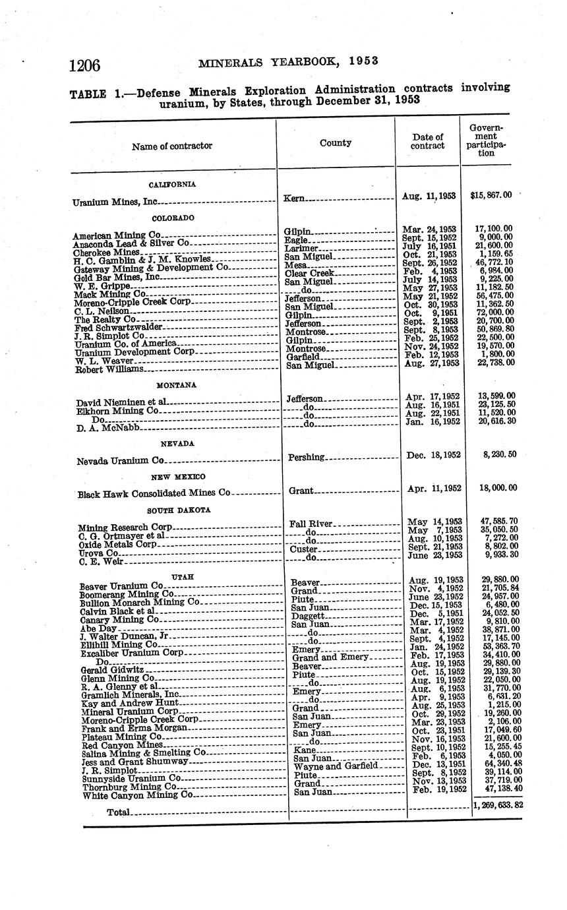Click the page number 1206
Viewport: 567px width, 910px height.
click(84, 65)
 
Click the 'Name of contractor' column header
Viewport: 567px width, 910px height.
click(171, 146)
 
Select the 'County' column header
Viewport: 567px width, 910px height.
click(335, 142)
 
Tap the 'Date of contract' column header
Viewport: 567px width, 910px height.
click(427, 141)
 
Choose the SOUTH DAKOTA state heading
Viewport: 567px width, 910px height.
click(178, 510)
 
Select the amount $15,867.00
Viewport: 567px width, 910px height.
click(491, 196)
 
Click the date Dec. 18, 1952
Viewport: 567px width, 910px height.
click(431, 455)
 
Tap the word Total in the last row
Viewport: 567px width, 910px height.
click(119, 812)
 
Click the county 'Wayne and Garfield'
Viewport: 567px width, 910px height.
click(336, 766)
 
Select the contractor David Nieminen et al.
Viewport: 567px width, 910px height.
click(122, 402)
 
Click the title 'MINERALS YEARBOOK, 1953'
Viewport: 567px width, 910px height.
click(288, 62)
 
